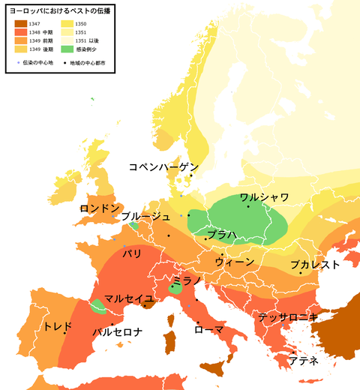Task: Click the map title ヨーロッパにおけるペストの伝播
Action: pos(58,12)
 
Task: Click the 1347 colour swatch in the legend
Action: pos(20,25)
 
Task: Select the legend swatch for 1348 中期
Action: pos(20,33)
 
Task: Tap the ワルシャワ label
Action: pos(264,199)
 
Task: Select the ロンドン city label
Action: pos(100,208)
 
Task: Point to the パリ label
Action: pos(132,254)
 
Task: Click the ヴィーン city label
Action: pos(234,262)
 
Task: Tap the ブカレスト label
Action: pos(315,265)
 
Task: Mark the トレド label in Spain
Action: pos(58,327)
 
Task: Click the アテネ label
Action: pos(304,361)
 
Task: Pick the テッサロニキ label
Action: pos(288,317)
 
